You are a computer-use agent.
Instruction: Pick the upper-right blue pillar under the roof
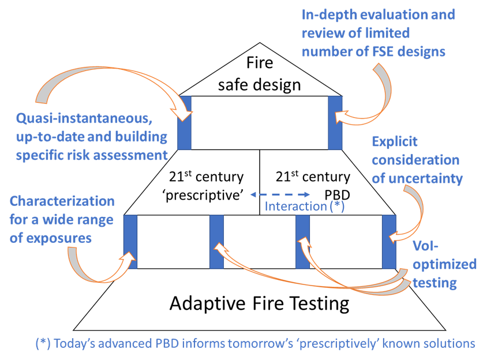(x=335, y=123)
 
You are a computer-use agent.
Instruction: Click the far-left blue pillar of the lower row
(x=130, y=242)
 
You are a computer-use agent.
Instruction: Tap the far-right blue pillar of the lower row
(x=389, y=242)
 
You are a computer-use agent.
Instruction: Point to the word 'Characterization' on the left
(x=62, y=201)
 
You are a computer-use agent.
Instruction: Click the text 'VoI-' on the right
(x=428, y=246)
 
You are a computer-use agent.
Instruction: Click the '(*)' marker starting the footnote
(x=43, y=343)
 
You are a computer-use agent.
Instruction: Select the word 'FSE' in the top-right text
(x=373, y=51)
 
